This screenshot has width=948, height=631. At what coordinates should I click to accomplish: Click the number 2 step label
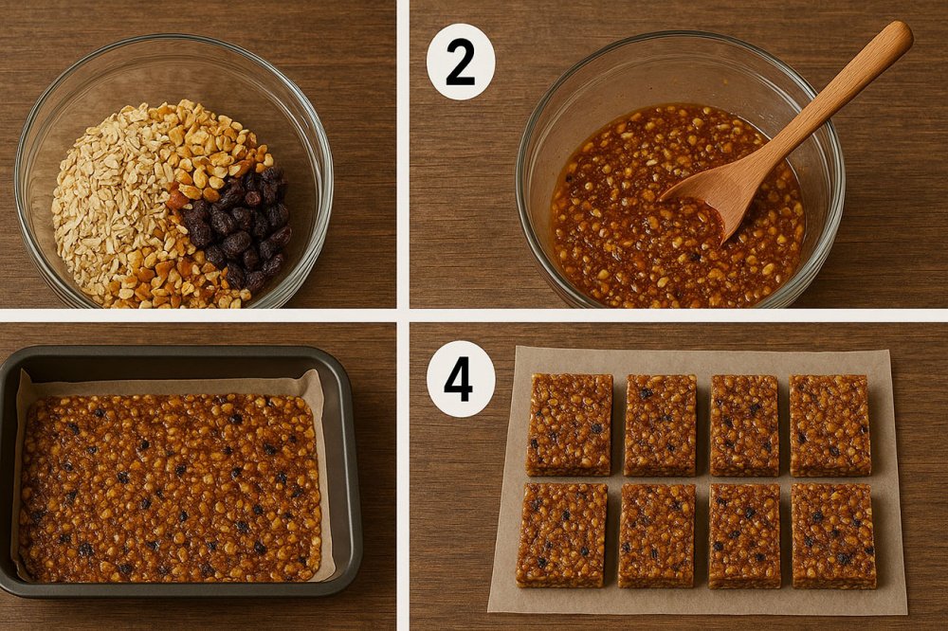[460, 62]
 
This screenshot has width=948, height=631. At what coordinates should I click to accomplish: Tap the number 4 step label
[460, 379]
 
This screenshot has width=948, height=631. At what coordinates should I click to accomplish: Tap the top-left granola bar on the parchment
[570, 424]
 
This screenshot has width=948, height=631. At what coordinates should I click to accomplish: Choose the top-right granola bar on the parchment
[830, 425]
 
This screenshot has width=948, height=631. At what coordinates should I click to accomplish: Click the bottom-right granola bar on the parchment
[833, 536]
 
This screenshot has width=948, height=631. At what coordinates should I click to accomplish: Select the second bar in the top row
[660, 424]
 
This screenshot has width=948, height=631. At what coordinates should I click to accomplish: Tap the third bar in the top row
[745, 425]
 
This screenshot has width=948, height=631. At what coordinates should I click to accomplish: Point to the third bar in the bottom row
[745, 536]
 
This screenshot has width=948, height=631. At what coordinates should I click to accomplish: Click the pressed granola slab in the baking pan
[171, 487]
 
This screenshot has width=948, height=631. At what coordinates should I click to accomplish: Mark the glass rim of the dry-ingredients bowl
[173, 38]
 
